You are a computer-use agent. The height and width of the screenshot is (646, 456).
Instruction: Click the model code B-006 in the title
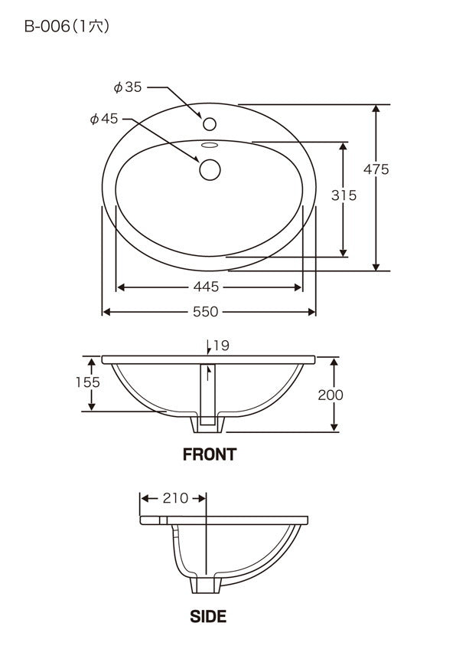47,26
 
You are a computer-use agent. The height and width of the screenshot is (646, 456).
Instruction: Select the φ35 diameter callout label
128,87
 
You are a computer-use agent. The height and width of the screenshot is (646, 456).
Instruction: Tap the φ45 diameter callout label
104,119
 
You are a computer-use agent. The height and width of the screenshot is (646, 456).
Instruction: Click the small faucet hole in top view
210,123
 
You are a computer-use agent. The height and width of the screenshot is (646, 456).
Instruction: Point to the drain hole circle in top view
210,169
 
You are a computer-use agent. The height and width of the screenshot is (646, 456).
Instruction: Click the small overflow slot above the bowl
210,145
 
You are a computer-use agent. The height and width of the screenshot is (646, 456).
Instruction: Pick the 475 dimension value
376,169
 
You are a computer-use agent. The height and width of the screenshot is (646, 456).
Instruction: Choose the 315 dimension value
344,195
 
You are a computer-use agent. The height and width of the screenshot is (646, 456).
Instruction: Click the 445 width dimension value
206,287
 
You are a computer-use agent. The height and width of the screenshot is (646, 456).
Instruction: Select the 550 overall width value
206,311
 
